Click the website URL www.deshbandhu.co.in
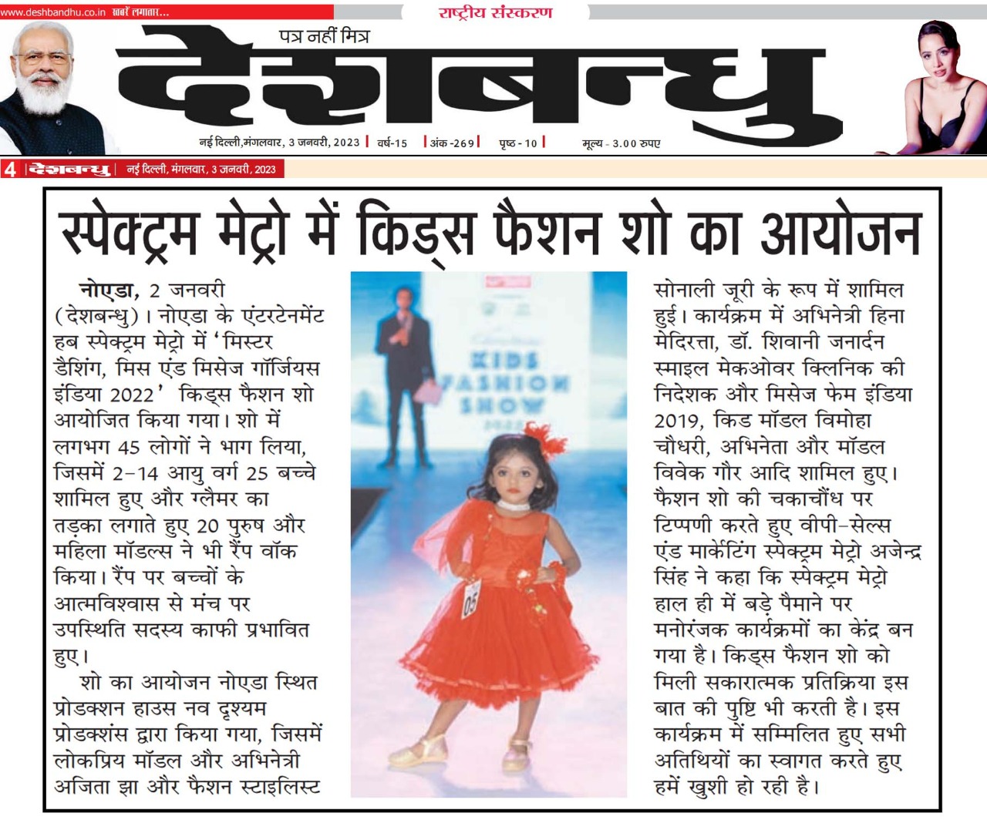point(53,12)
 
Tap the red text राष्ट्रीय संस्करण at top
point(495,12)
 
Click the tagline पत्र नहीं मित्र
point(324,36)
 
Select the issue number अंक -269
point(453,143)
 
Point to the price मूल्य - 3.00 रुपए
point(621,143)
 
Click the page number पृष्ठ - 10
point(518,143)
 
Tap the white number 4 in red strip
point(10,170)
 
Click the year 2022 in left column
point(133,395)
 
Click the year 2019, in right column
point(679,421)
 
